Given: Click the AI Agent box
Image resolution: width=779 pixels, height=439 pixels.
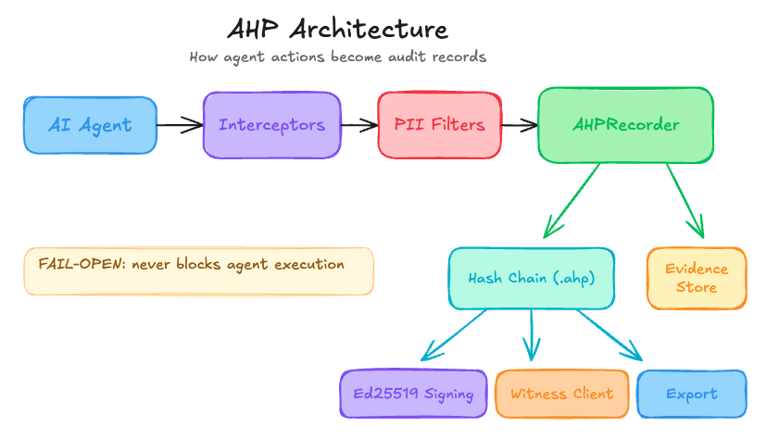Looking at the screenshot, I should [x=91, y=125].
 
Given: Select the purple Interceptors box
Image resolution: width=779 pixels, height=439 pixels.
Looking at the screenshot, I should [x=271, y=125].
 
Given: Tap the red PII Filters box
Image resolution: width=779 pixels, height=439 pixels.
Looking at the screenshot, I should [x=439, y=124].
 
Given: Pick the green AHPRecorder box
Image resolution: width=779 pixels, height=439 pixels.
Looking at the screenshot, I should [x=626, y=125].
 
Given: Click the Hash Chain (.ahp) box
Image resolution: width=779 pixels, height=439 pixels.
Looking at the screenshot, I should [x=531, y=278].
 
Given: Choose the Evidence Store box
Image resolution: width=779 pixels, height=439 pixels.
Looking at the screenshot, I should [x=697, y=278].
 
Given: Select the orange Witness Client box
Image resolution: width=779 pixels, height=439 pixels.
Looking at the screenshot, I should [x=561, y=394].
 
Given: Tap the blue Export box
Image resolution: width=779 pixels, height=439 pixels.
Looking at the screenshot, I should [x=691, y=394].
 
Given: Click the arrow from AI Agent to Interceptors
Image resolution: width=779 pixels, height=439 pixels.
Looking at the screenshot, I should [x=180, y=124].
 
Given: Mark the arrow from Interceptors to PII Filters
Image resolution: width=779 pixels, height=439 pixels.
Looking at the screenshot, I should [x=358, y=124].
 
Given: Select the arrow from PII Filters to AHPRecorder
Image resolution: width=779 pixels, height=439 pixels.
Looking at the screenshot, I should [x=519, y=124].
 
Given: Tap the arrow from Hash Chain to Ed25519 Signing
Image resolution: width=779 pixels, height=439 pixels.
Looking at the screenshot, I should [x=454, y=334].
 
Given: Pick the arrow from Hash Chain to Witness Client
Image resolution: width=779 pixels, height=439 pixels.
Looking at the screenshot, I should [x=532, y=333].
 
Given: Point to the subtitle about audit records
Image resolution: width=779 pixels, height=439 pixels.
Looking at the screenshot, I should [x=337, y=57].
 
